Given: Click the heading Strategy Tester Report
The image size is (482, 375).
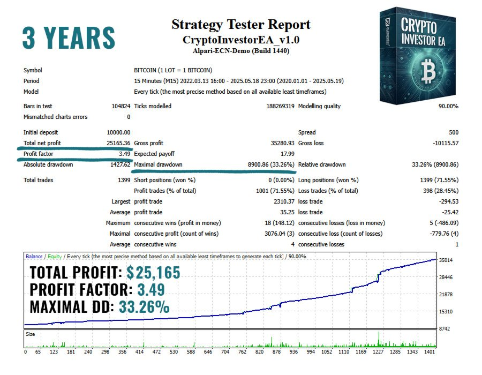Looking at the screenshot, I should pyautogui.click(x=241, y=25).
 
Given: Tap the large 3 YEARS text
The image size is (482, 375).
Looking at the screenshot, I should pyautogui.click(x=69, y=37).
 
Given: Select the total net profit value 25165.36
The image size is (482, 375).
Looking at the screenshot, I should pyautogui.click(x=118, y=143).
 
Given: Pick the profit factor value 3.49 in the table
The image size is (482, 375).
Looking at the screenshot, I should pyautogui.click(x=124, y=154).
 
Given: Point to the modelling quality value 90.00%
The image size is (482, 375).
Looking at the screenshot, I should pyautogui.click(x=448, y=106).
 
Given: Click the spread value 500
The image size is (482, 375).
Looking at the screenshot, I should pyautogui.click(x=453, y=132).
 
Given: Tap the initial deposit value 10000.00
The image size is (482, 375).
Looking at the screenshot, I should pyautogui.click(x=118, y=132).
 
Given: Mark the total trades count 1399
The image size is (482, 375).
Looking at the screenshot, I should pyautogui.click(x=124, y=180).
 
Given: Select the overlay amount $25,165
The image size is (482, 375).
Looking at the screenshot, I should pyautogui.click(x=153, y=273).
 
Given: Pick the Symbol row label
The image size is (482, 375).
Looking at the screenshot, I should pyautogui.click(x=32, y=70).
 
